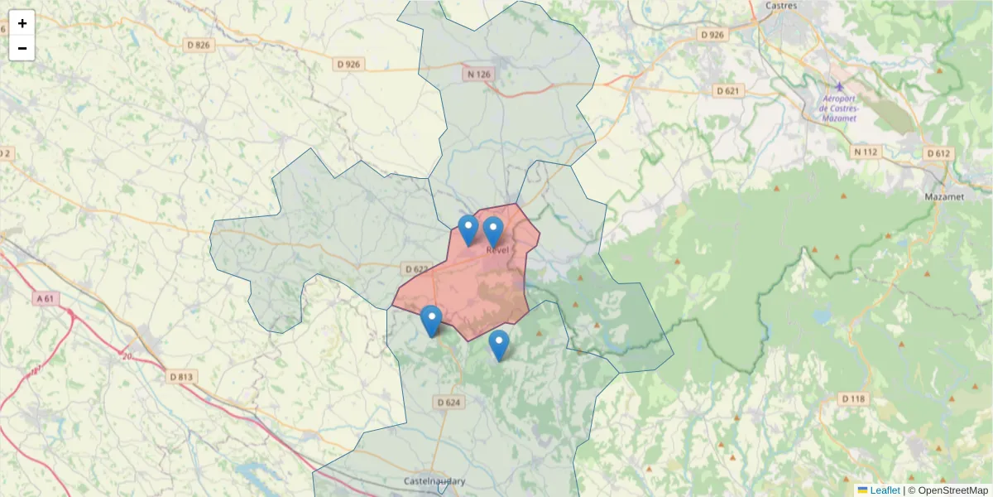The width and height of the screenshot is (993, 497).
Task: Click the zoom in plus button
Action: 22,23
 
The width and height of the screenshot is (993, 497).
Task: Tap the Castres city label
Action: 781,5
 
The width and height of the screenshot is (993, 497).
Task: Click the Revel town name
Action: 497,249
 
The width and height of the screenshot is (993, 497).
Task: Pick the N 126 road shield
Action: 478,74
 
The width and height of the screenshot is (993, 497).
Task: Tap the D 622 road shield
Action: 417,269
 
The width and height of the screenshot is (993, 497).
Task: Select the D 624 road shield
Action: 447,403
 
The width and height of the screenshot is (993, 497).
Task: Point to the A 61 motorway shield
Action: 46,297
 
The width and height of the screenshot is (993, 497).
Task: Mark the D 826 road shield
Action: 199,44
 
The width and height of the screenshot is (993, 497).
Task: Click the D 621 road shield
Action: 727,90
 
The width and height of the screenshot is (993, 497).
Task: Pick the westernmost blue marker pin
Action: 431,321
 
